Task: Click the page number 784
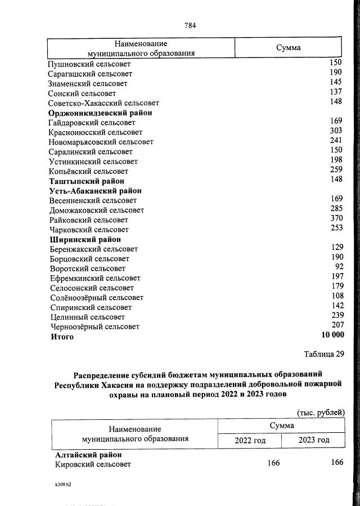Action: [x=190, y=25]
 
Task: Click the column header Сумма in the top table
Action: [x=288, y=48]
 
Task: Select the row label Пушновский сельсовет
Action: [x=89, y=64]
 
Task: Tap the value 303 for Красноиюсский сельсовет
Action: [x=336, y=131]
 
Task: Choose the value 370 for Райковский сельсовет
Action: [x=336, y=219]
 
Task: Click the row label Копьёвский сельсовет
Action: [x=88, y=171]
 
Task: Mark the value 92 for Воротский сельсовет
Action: [x=339, y=267]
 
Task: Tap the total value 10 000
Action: [x=332, y=335]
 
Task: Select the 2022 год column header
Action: [x=249, y=440]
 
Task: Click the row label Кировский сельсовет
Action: [x=93, y=464]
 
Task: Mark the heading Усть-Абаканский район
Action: [x=95, y=190]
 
